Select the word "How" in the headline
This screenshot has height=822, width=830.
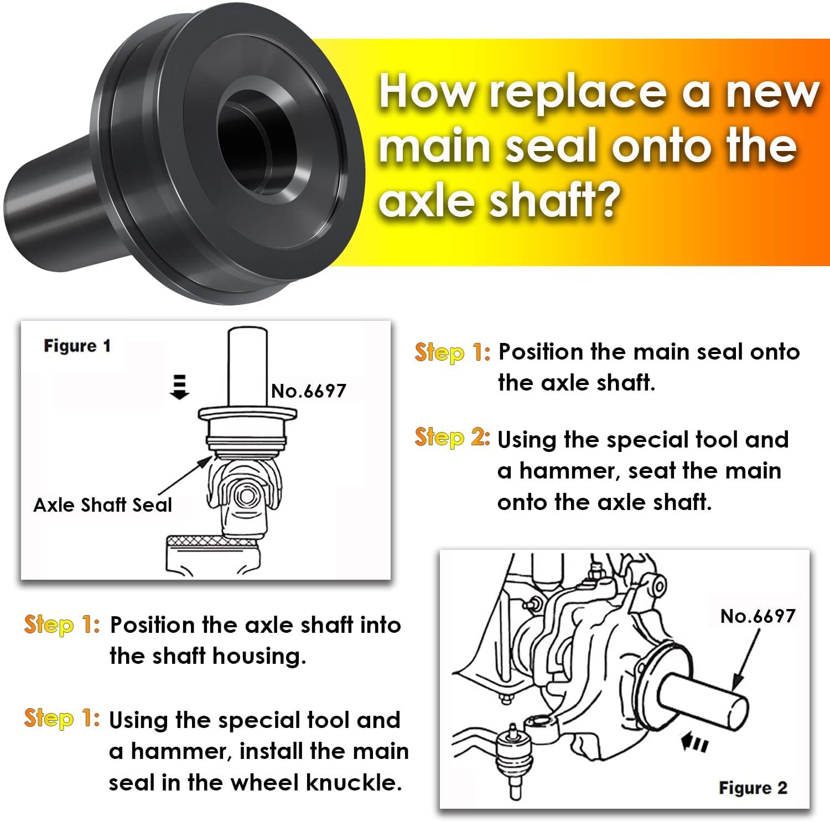coord(426,92)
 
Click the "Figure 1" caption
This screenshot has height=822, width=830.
coord(77,346)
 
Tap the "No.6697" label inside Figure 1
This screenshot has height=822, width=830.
coord(308,391)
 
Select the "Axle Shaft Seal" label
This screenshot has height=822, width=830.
coord(102,505)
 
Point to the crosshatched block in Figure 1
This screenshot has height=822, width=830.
coord(212,540)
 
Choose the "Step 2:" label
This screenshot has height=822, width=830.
coord(452,438)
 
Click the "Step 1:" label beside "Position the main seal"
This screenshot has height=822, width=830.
coord(452,352)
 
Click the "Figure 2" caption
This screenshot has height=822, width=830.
coord(752,788)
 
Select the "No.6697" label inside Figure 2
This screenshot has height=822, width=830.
coord(757,616)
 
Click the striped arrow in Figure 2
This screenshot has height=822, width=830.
coord(694,743)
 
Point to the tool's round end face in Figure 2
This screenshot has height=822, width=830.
coord(736,711)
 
